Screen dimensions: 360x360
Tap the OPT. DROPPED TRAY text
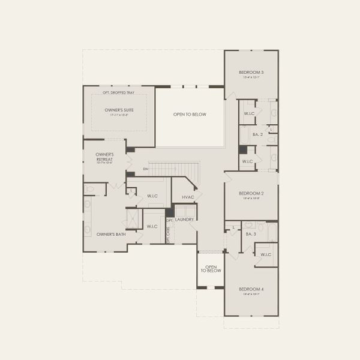(x=119, y=92)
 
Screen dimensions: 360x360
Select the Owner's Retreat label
(x=105, y=157)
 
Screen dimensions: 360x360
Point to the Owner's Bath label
(x=111, y=234)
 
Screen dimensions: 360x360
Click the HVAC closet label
(x=183, y=196)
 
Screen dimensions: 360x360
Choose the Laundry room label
(x=185, y=220)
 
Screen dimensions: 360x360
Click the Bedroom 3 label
(x=251, y=73)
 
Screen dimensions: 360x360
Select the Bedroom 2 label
(x=251, y=193)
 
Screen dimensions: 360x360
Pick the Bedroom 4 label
(x=251, y=289)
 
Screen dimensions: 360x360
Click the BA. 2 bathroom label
(x=257, y=134)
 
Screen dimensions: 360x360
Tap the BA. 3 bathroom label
(x=251, y=234)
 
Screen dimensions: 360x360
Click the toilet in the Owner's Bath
(x=89, y=189)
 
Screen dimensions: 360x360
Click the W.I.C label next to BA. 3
(x=265, y=254)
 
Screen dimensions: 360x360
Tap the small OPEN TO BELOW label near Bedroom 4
(x=211, y=268)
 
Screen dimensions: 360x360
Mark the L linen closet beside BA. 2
(x=271, y=128)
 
